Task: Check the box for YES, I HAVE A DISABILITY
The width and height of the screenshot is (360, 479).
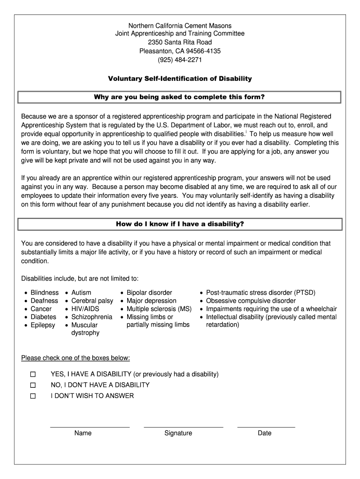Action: coord(33,375)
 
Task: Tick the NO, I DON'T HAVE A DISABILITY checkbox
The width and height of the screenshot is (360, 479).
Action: coord(33,385)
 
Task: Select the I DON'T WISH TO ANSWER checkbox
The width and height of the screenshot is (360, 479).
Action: coord(33,396)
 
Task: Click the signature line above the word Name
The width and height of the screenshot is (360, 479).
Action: coord(90,426)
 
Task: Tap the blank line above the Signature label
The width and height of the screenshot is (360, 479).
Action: coord(183,426)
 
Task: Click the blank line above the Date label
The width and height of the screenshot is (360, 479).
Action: coord(266,426)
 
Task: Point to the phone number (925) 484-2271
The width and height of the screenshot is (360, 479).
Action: coord(180,60)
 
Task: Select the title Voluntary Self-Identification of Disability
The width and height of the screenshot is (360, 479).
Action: coord(180,79)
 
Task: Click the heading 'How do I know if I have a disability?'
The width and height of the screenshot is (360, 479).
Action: coord(180,224)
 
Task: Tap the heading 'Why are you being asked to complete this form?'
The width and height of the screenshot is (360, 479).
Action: coord(180,97)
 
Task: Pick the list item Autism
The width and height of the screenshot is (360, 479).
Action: coord(81,293)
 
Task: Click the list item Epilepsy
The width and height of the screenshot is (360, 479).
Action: coord(43,325)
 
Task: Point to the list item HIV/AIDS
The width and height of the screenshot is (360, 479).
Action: coord(85,309)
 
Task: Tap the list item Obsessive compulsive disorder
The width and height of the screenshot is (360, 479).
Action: coord(251,301)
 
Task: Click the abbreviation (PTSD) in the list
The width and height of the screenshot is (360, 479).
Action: coord(304,293)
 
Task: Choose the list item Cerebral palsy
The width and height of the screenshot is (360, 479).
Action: coord(92,301)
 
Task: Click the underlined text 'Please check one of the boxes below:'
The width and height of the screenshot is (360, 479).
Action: coord(76,358)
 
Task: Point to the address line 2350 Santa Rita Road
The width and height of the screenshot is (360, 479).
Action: coord(180,42)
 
